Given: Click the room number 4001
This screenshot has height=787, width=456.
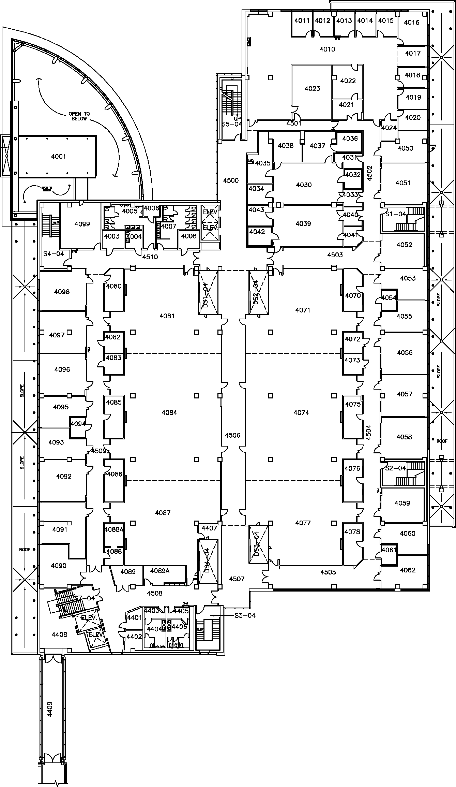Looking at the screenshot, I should coord(58,157).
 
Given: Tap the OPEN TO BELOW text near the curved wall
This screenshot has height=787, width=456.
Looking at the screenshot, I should coord(79,116).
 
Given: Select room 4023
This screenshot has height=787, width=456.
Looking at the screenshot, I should coord(312,89).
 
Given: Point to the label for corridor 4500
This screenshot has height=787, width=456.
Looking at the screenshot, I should coord(231,180).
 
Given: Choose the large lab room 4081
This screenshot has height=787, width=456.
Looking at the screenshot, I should coord(167,316).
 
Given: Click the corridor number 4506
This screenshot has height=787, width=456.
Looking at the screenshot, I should coord(233,435).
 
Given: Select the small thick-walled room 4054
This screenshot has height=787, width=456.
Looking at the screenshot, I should coord(389,298).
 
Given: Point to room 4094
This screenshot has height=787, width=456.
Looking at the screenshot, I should coord(78,424).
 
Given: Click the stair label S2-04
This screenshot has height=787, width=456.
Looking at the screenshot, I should coord(396,468).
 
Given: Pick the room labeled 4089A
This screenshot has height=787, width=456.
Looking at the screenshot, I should coord(160,571).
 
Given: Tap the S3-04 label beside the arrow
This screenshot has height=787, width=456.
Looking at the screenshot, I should coord(245,615).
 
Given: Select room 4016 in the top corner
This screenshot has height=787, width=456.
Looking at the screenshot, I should coord(411,23).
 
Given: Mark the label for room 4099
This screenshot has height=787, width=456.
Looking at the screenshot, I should coord(82,224).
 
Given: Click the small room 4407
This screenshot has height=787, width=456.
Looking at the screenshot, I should coord(209,528).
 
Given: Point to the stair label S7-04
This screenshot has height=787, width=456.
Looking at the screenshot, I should coord(84,598).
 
